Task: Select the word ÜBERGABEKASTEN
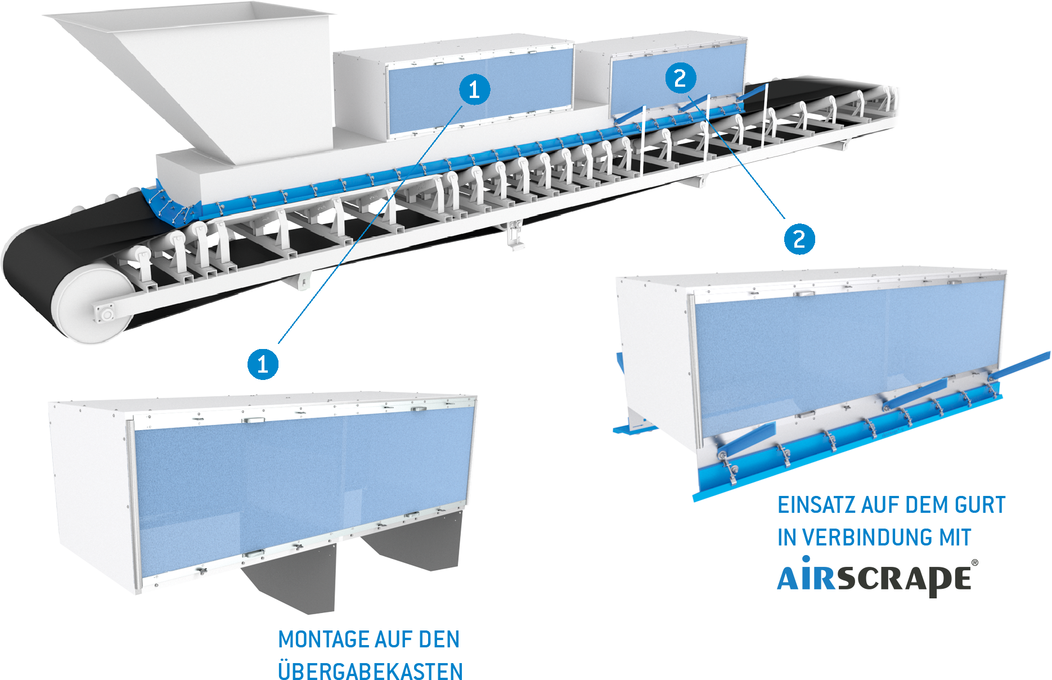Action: click(x=370, y=671)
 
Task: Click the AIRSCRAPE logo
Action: click(x=875, y=578)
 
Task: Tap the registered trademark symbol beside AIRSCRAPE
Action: click(x=974, y=562)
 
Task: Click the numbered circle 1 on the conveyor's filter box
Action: click(x=474, y=90)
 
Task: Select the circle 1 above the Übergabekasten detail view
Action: click(x=263, y=364)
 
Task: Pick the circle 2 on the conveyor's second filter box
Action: click(x=680, y=78)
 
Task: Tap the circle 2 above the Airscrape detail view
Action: click(x=799, y=239)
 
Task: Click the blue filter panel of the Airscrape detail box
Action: click(x=844, y=355)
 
